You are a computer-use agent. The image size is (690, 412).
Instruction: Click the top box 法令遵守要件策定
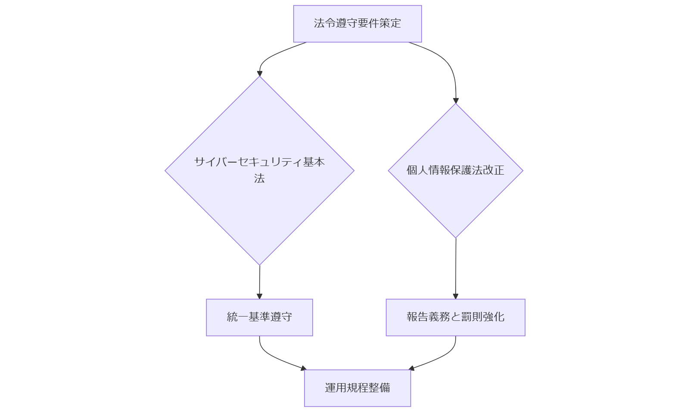click(x=357, y=24)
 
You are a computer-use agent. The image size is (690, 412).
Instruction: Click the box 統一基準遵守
click(x=259, y=317)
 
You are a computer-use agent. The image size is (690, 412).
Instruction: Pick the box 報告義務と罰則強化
click(x=455, y=317)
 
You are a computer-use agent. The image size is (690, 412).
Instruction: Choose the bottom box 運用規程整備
click(x=357, y=388)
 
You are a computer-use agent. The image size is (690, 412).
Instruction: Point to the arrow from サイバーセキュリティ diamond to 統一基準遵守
click(x=259, y=282)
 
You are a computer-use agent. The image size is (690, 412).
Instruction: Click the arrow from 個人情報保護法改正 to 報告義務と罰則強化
click(x=455, y=269)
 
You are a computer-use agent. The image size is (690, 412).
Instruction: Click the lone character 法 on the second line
click(x=259, y=178)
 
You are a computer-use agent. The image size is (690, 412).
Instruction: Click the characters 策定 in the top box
click(x=390, y=23)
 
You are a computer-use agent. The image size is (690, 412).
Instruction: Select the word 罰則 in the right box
click(x=472, y=317)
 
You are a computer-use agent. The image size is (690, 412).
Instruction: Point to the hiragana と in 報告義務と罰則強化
click(x=455, y=317)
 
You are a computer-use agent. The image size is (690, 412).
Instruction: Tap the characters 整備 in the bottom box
click(x=379, y=388)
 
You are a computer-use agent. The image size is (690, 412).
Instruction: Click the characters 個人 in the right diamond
click(x=417, y=170)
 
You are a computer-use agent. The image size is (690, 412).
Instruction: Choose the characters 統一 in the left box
click(x=238, y=317)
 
